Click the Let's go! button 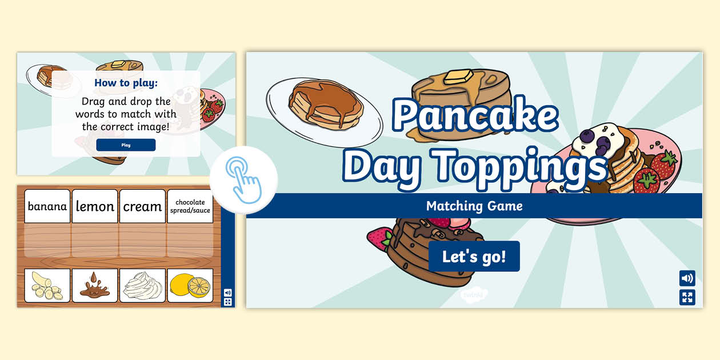tap(474, 256)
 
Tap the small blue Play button tap(126, 145)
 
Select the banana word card tap(47, 206)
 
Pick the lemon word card tap(95, 206)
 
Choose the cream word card tap(142, 206)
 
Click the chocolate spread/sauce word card tap(190, 206)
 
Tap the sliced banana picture tap(47, 285)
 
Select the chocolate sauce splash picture tap(95, 285)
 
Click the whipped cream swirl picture tap(142, 285)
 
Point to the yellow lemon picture tap(190, 285)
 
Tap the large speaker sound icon tap(687, 278)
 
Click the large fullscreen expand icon tap(687, 297)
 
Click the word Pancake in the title tap(474, 115)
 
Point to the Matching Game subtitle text tap(474, 206)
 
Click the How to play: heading tap(126, 83)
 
